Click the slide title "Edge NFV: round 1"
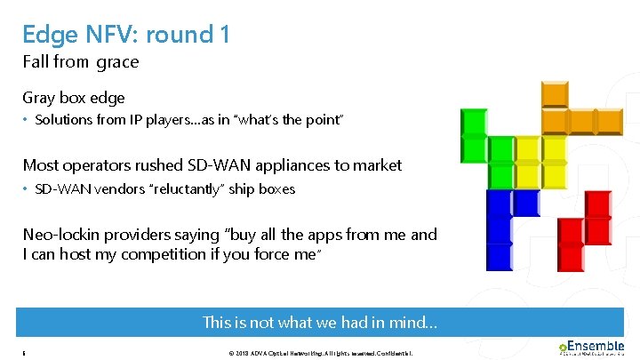tap(126, 34)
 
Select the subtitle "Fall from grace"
tap(81, 62)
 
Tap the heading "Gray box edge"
tap(74, 98)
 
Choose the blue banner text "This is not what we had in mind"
tap(319, 323)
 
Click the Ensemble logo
tap(590, 348)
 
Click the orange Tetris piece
tap(569, 110)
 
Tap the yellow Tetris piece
tap(528, 160)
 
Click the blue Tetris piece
tap(500, 227)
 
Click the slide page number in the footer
tap(24, 353)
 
